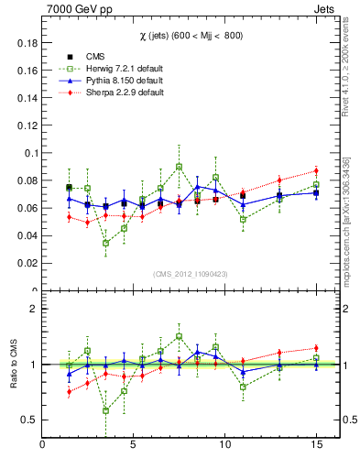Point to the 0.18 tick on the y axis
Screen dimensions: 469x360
click(25, 43)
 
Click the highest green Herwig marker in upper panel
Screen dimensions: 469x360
click(180, 167)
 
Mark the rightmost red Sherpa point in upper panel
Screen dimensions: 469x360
click(315, 171)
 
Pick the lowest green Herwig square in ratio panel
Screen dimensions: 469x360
click(106, 410)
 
